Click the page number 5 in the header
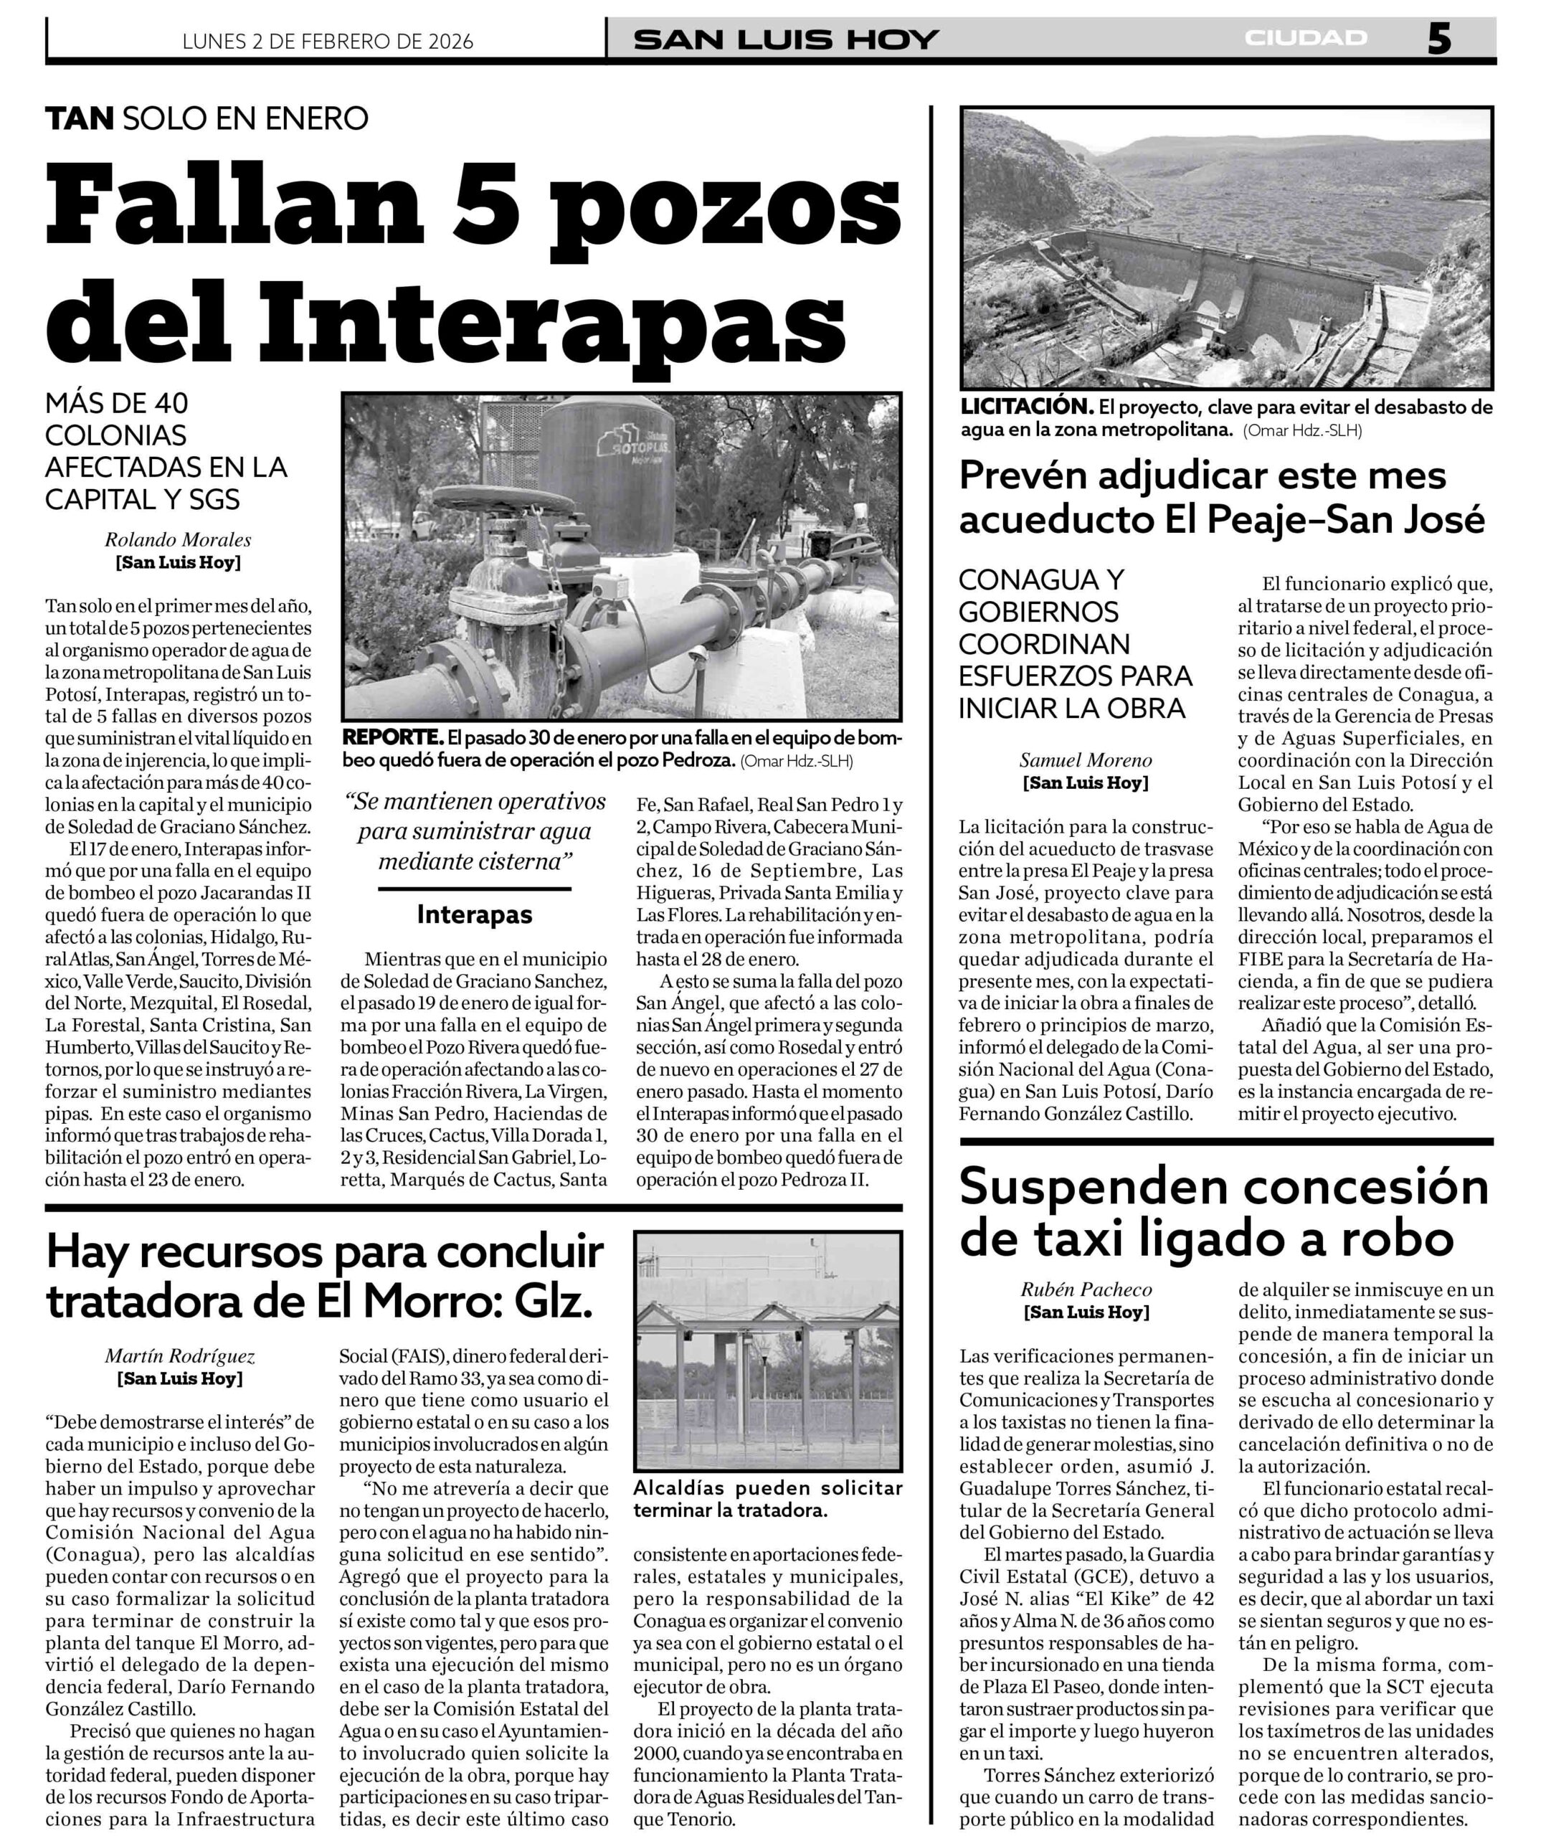click(1438, 39)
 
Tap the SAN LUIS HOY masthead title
click(786, 39)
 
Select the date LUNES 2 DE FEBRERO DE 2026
click(327, 42)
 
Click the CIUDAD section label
click(1306, 38)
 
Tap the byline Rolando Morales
click(178, 540)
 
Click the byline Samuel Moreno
click(1085, 761)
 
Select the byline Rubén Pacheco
click(1085, 1290)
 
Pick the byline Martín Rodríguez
click(179, 1357)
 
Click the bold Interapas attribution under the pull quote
click(474, 914)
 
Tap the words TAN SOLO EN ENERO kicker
click(207, 118)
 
